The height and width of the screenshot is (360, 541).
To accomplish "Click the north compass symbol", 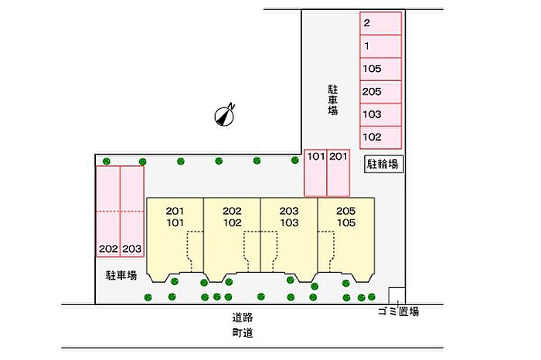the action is pyautogui.click(x=225, y=116).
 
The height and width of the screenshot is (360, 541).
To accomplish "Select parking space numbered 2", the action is pyautogui.click(x=380, y=23).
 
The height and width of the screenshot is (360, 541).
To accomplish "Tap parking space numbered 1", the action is pyautogui.click(x=380, y=46).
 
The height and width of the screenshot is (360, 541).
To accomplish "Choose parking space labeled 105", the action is pyautogui.click(x=380, y=69).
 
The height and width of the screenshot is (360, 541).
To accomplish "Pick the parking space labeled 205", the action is pyautogui.click(x=380, y=92).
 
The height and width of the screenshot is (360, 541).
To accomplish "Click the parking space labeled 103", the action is pyautogui.click(x=380, y=115).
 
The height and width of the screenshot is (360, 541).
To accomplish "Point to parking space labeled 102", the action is pyautogui.click(x=380, y=138).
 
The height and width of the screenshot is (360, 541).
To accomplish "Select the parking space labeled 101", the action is pyautogui.click(x=315, y=173).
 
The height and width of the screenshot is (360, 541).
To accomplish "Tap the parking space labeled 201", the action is pyautogui.click(x=339, y=173).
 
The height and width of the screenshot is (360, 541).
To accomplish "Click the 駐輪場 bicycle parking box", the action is pyautogui.click(x=383, y=164).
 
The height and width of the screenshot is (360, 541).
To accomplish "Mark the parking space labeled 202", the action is pyautogui.click(x=108, y=212).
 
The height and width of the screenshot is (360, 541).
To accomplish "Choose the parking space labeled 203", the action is pyautogui.click(x=132, y=212).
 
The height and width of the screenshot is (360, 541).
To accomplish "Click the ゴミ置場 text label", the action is pyautogui.click(x=399, y=312).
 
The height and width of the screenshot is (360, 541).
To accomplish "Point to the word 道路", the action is pyautogui.click(x=243, y=318).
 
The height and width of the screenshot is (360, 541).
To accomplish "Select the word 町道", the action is pyautogui.click(x=243, y=333).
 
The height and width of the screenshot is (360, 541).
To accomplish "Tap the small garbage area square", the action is pyautogui.click(x=396, y=296).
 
